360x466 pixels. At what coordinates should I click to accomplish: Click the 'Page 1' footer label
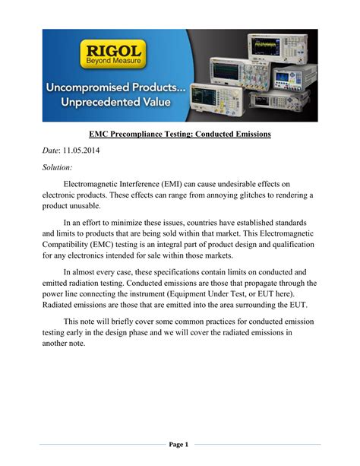[179, 444]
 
